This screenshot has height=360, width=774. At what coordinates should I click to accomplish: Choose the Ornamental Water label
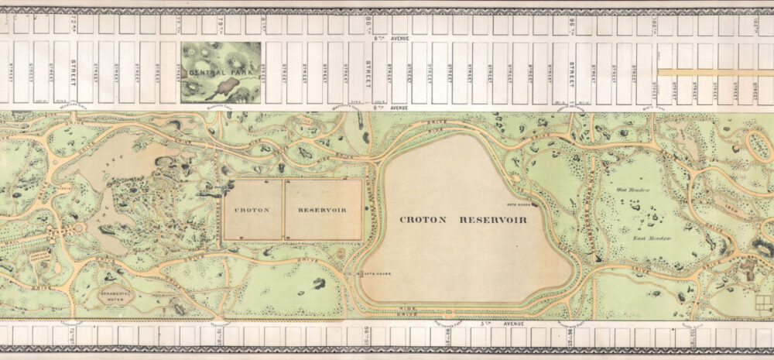click(115, 296)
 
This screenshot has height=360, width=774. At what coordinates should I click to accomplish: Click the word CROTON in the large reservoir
click(423, 220)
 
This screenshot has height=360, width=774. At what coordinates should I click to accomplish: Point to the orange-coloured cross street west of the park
click(714, 72)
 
